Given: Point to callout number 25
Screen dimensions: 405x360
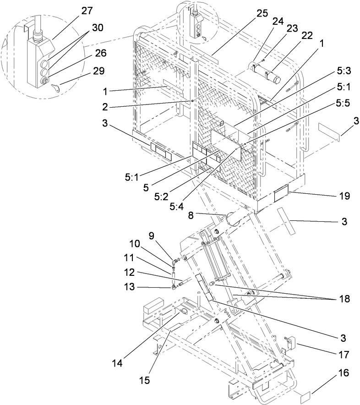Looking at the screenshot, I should [x=262, y=13].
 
